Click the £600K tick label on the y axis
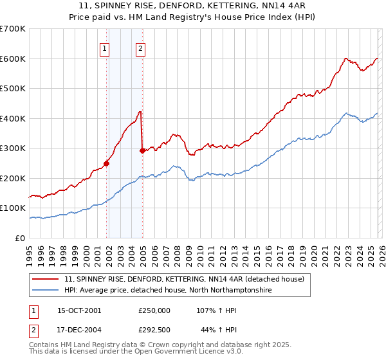(x=13, y=59)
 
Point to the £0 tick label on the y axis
(x=19, y=238)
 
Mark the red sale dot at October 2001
(x=107, y=163)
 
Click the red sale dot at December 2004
(x=142, y=150)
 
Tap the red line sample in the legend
(x=46, y=279)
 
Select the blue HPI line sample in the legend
(x=46, y=291)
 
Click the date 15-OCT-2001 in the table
(x=79, y=310)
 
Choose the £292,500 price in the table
(x=154, y=330)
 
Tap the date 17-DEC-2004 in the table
(x=79, y=330)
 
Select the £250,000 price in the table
(x=154, y=310)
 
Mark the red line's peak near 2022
(x=345, y=59)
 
